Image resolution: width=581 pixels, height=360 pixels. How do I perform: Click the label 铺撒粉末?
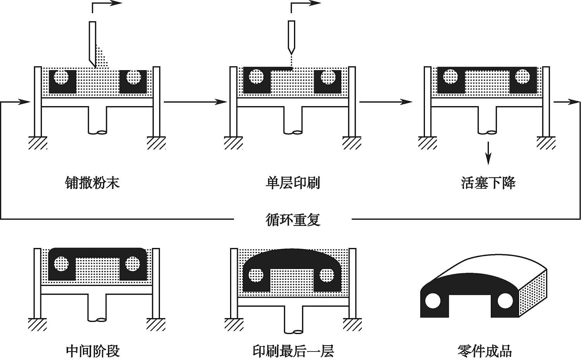(x=92, y=183)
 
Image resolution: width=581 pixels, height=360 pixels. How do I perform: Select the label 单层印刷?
(x=292, y=183)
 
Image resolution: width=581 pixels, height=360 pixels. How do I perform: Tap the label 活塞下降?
(x=488, y=183)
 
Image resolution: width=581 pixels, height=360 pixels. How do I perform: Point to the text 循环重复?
(x=293, y=219)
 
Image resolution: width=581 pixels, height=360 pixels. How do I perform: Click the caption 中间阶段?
(x=93, y=351)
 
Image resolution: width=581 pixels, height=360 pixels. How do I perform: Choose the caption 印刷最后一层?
(x=293, y=351)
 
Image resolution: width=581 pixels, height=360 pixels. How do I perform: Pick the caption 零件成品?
(x=485, y=351)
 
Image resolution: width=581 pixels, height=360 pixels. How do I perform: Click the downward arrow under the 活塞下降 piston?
(x=488, y=153)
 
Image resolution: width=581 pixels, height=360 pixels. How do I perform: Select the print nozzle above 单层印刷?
(x=292, y=37)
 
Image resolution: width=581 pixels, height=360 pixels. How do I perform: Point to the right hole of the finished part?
(x=505, y=301)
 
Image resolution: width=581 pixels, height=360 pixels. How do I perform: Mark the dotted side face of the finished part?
(x=533, y=295)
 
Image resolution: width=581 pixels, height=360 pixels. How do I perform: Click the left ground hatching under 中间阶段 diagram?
(x=38, y=324)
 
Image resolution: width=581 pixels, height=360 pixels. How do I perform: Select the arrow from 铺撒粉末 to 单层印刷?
(x=195, y=102)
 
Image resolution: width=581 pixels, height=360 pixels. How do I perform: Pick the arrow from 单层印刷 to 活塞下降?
(x=385, y=102)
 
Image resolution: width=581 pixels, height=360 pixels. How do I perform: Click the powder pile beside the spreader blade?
(x=102, y=58)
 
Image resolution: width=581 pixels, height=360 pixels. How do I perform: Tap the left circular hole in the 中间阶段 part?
(x=61, y=264)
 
